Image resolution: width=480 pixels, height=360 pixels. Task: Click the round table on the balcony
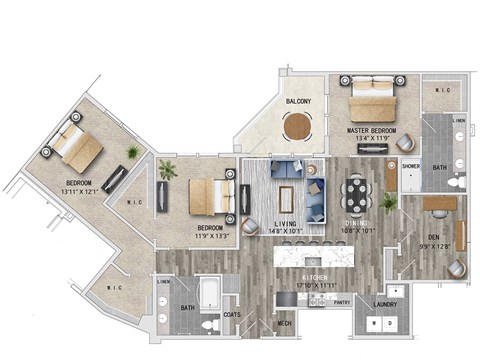click(x=298, y=127)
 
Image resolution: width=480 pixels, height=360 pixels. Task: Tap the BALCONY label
click(x=297, y=101)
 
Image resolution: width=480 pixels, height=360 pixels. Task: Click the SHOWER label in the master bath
click(x=410, y=166)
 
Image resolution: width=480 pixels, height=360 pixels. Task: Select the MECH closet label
click(x=284, y=323)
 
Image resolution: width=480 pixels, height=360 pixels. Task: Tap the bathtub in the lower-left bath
click(x=209, y=294)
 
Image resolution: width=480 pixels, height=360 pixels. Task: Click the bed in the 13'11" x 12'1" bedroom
click(x=76, y=145)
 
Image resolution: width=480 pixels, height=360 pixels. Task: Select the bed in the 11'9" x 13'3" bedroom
click(x=208, y=195)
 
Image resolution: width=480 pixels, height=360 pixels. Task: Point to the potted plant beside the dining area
click(x=388, y=203)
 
